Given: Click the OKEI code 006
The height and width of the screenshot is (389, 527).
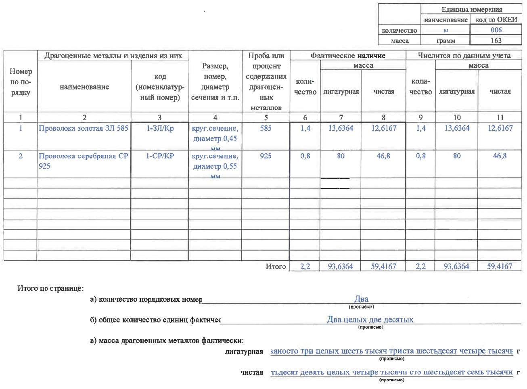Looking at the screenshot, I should coord(496,30).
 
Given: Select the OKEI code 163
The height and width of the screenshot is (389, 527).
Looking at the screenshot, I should coord(496,40).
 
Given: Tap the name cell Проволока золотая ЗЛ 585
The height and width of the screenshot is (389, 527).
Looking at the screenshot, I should coord(84,128).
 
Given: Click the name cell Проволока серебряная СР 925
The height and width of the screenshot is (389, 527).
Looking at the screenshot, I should coord(84,161).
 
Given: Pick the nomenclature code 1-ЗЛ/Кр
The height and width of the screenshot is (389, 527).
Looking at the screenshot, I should coord(160,128).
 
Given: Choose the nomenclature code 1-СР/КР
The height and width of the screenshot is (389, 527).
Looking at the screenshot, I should coord(160,156).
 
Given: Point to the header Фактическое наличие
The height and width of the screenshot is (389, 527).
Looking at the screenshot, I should coord(347,56).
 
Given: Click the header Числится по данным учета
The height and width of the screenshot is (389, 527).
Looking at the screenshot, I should coord(464,56).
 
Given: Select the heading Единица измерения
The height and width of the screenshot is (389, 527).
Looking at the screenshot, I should coord(471,10).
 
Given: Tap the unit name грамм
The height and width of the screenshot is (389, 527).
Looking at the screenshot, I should coord(445,41).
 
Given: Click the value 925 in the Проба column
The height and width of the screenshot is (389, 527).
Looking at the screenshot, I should coord(266,156).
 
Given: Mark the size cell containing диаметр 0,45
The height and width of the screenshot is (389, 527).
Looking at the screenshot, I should coord(215,134).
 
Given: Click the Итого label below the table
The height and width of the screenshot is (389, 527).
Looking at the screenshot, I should coord(276,266).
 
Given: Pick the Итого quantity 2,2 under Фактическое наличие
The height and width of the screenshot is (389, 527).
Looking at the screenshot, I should coord(305,266).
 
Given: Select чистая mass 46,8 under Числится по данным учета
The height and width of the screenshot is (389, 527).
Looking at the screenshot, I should coord(500,156).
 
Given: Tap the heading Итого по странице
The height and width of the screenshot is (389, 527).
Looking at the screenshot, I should coord(50,289).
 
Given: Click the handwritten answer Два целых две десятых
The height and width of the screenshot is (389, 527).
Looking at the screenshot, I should coord(370,320).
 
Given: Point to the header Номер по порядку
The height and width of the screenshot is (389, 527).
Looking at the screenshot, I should coord(21,82).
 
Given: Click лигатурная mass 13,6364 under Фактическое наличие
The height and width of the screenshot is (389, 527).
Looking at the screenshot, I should coord(341,128).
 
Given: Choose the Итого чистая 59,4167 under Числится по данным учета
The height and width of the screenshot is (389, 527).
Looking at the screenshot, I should coord(500,266).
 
